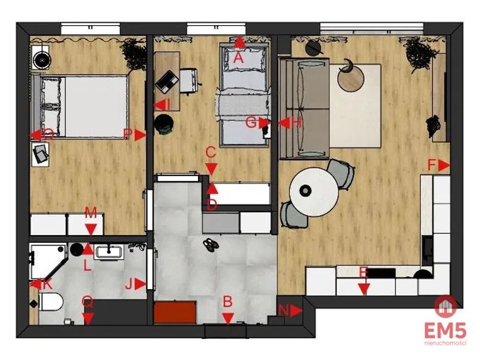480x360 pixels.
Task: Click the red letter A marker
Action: click(238, 57)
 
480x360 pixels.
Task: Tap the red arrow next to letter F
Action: click(444, 166)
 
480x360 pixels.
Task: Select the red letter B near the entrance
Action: click(228, 302)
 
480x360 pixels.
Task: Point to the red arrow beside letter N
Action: click(296, 311)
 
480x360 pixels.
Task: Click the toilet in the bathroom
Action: click(51, 302)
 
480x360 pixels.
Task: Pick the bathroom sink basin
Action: click(109, 252)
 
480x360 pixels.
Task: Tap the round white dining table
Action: click(314, 191)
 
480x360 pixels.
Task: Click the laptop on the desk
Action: click(167, 82)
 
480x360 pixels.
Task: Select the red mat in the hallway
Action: click(175, 312)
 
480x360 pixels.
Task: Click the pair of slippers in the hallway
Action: click(211, 245)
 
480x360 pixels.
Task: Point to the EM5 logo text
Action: click(445, 331)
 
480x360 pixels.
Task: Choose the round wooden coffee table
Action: click(351, 78)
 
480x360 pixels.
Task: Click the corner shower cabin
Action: click(49, 261)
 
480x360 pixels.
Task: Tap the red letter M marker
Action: click(91, 212)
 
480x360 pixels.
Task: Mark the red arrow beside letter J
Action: click(140, 284)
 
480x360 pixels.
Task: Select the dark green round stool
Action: click(164, 124)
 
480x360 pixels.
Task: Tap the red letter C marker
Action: click(211, 152)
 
